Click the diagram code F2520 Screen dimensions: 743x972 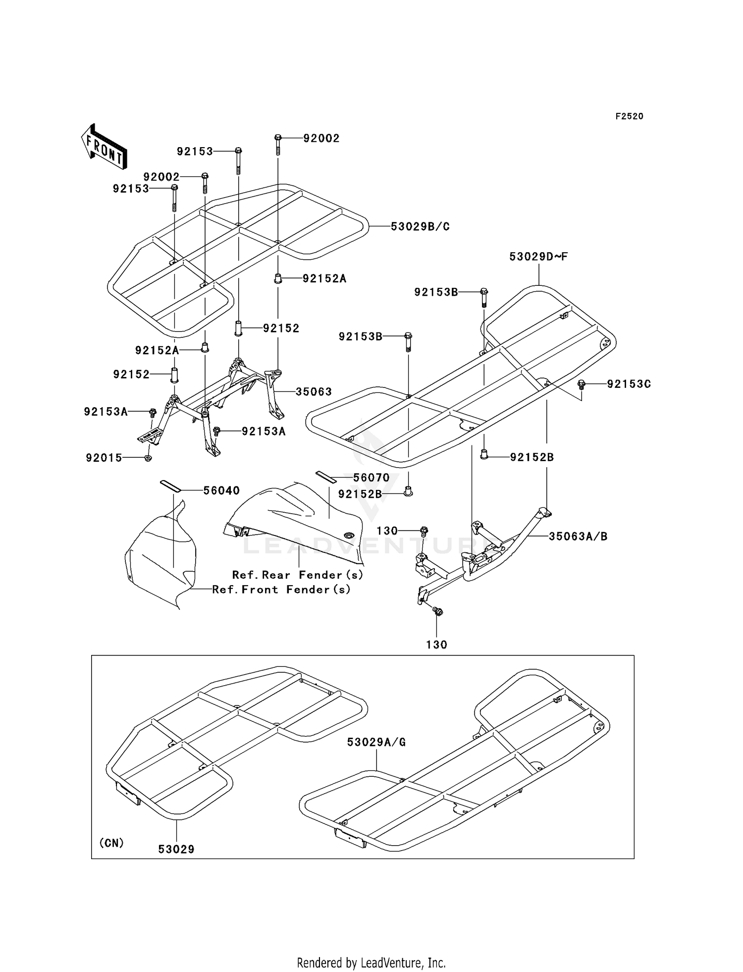point(629,116)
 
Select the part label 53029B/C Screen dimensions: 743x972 point(420,226)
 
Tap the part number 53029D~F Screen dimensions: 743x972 point(538,257)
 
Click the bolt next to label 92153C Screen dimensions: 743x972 point(582,384)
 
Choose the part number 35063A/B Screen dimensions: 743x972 point(578,536)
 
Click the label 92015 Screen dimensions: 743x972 point(104,458)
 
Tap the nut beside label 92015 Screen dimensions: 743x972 point(148,458)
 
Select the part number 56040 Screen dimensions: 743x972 point(221,490)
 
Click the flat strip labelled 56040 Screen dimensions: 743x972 point(170,485)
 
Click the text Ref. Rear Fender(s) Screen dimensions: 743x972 point(298,575)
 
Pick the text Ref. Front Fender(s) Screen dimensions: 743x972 point(281,590)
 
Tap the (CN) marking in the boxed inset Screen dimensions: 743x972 point(111,843)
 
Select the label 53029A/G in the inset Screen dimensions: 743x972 point(376,742)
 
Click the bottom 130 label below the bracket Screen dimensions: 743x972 point(436,645)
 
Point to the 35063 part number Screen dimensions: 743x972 point(314,391)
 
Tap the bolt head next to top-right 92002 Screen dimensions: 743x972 point(278,137)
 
